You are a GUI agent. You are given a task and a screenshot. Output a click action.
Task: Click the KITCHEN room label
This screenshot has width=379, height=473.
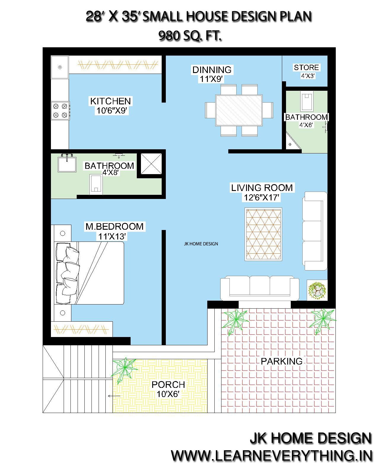tap(110, 101)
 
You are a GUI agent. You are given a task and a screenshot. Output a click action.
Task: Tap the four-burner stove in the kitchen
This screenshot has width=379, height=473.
tap(60, 111)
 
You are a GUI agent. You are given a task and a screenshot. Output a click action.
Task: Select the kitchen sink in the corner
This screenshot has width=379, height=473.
tap(60, 67)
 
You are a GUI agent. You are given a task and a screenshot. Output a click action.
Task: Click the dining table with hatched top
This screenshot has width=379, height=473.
tap(239, 110)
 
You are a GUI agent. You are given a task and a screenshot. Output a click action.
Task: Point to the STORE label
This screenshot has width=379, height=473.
tap(306, 67)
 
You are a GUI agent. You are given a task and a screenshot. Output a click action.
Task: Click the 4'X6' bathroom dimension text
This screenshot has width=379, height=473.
tap(306, 125)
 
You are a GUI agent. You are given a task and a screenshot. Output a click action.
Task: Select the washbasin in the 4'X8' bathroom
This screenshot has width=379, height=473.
tap(67, 163)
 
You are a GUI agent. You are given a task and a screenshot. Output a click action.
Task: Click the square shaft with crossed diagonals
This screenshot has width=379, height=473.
tap(151, 163)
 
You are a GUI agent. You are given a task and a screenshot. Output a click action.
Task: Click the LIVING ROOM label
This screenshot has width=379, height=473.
tap(262, 188)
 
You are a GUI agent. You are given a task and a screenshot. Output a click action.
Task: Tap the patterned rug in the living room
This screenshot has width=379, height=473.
tap(264, 234)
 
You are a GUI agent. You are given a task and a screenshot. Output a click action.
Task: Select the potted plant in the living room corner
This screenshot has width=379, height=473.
tap(317, 290)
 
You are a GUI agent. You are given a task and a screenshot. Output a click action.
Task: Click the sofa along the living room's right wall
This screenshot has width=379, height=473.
tap(315, 231)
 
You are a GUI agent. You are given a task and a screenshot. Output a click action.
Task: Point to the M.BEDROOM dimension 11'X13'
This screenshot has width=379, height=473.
tap(112, 237)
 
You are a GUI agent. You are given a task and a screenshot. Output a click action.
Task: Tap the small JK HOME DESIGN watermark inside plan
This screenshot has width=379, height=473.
tap(201, 244)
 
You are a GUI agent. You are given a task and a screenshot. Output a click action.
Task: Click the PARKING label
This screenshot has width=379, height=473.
tap(281, 361)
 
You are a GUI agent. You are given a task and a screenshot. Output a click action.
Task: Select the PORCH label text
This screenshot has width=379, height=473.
tap(168, 385)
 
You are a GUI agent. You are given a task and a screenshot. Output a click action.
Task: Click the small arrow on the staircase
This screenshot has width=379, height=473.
tap(114, 396)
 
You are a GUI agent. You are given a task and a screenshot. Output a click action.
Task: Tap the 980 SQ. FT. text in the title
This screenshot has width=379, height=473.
tap(190, 36)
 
